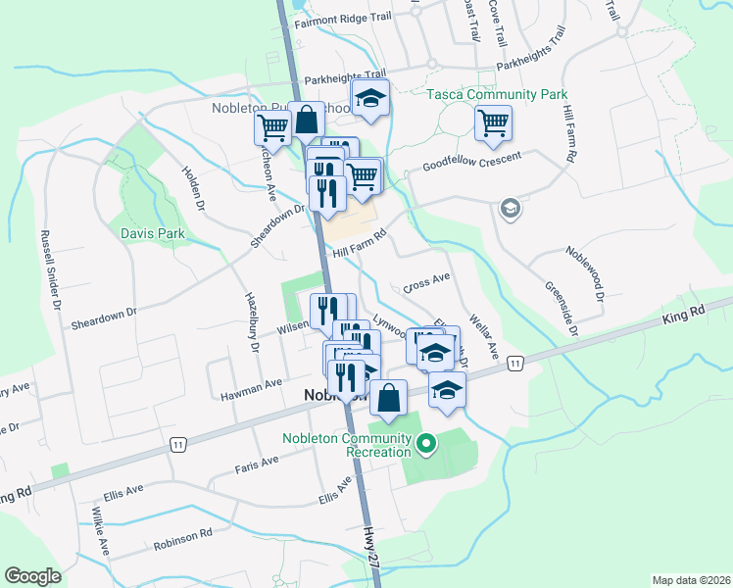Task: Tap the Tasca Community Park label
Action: pos(497,95)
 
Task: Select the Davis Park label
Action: pos(153,233)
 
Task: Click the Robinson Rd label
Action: pos(182,540)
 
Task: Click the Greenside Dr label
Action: pos(562,310)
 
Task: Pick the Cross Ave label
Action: pos(426,283)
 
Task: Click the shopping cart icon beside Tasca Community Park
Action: pos(494,123)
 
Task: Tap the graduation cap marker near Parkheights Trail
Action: pos(371,97)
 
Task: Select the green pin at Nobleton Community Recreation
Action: pos(425,445)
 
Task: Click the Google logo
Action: pos(32,576)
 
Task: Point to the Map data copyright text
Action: pos(691,580)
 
